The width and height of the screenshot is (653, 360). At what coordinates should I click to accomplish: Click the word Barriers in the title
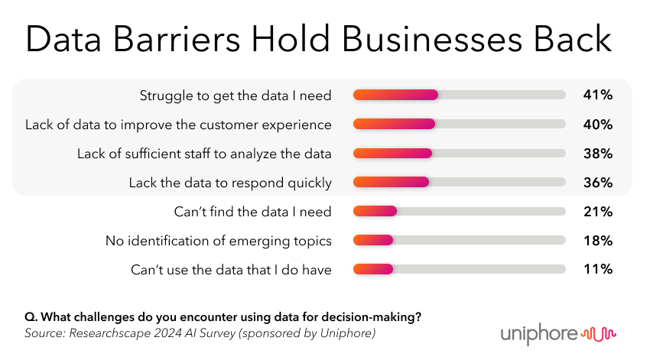point(177,39)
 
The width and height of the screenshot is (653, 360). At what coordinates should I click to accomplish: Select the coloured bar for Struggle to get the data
point(395,95)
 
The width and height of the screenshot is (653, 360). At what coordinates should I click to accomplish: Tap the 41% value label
point(598,95)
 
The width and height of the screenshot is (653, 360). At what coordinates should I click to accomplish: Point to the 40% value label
point(598,124)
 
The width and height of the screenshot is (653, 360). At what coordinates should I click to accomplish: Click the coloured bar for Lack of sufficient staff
point(392,153)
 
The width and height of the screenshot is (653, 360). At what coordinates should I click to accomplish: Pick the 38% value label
point(598,153)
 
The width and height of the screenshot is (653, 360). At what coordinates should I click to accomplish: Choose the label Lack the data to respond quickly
point(230,183)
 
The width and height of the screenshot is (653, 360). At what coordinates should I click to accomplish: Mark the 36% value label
point(598,182)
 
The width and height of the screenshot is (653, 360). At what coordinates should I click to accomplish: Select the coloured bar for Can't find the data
point(375,212)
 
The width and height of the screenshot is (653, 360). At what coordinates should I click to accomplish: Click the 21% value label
point(598,212)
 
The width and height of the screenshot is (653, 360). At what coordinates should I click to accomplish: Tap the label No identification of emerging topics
point(219,241)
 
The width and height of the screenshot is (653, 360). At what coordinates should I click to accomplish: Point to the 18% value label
point(598,241)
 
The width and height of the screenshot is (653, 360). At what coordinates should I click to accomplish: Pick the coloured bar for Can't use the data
point(373,269)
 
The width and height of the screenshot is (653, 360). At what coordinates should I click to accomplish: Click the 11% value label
point(598,269)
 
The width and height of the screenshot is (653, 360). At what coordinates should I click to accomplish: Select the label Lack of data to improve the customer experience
point(178,125)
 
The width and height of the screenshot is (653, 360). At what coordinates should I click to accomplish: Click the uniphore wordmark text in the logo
point(539,334)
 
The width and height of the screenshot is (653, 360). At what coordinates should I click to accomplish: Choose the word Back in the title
point(573,39)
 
